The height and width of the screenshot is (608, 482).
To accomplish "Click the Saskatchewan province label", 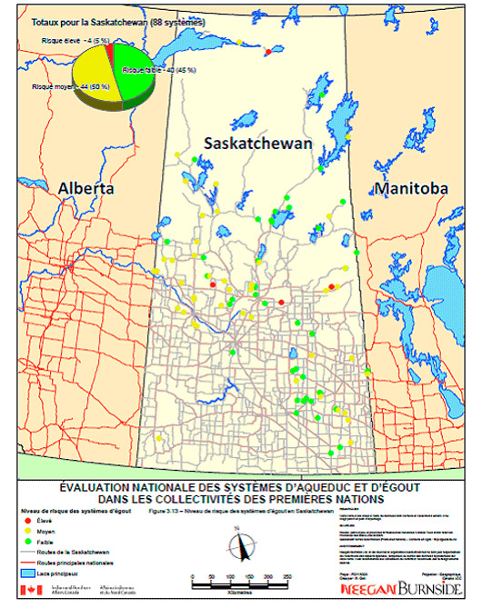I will [257, 144].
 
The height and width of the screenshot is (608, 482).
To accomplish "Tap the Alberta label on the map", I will [85, 187].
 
